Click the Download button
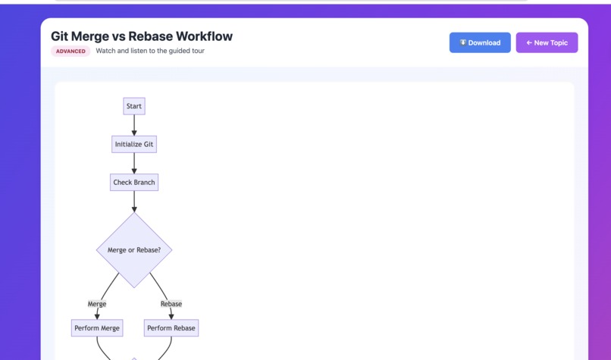pos(480,42)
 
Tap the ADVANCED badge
pos(70,52)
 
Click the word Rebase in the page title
pos(151,36)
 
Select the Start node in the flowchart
pos(134,106)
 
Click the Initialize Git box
pos(134,144)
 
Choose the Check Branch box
pos(134,183)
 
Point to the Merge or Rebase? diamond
pos(134,250)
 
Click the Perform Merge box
pos(97,328)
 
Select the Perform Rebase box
pos(171,328)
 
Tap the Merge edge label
pos(97,304)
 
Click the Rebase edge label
pos(171,304)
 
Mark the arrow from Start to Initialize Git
pos(134,125)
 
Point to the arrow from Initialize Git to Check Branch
pos(134,163)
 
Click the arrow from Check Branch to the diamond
pos(134,202)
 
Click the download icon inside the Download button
pos(463,42)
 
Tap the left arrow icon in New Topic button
pos(529,42)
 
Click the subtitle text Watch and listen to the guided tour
pos(150,52)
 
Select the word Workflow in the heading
pos(204,36)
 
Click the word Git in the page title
pos(60,36)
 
